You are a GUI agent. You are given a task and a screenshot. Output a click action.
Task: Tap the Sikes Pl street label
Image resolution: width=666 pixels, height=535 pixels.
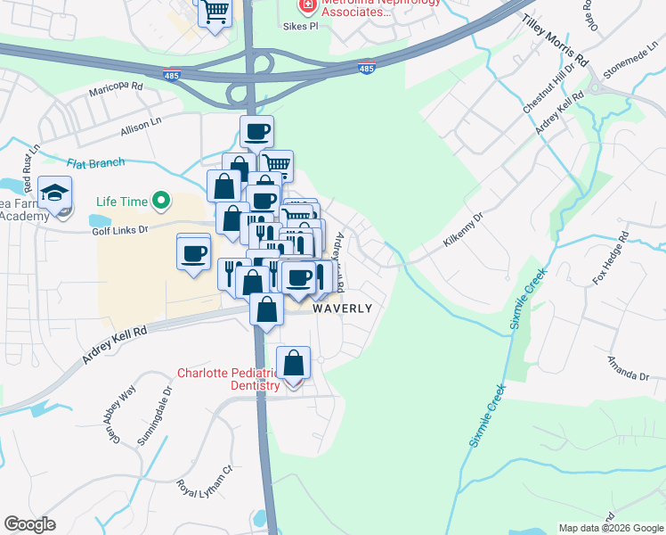(301, 27)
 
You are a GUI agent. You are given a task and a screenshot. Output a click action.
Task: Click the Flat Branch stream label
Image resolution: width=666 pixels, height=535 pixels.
(96, 162)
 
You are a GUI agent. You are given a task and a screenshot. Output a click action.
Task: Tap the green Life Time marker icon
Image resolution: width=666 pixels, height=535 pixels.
(161, 201)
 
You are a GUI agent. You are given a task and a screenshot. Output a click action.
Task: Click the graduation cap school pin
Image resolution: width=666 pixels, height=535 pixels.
(54, 193)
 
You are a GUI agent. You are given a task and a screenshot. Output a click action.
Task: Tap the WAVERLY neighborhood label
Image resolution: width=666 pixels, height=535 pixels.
(342, 309)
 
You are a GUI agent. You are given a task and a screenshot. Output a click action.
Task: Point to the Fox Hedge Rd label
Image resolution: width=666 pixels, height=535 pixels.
(611, 259)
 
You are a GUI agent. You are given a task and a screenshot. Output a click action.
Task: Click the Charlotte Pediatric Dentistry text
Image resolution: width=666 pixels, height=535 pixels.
(230, 379)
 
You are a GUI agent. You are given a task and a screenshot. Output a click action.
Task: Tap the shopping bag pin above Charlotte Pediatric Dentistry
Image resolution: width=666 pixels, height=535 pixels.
(293, 363)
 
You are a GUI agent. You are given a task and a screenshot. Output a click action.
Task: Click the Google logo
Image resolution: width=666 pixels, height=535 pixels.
(30, 524)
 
